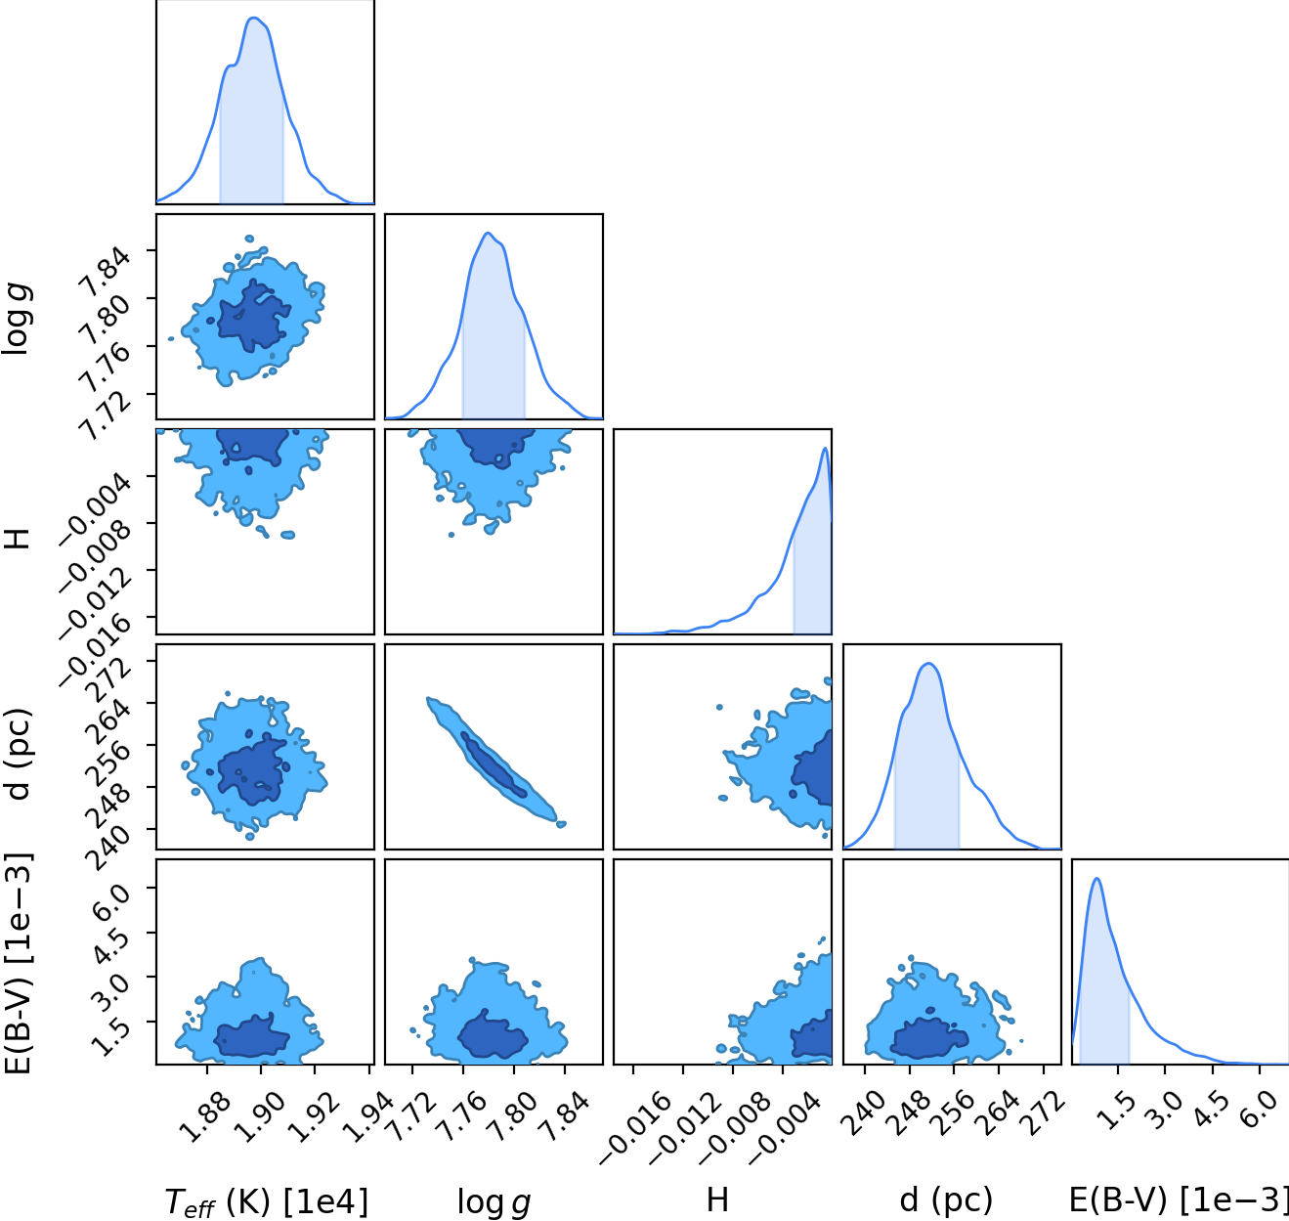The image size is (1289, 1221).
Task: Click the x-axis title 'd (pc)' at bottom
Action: pos(946,1200)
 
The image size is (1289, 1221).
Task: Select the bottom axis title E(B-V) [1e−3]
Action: pos(1179,1200)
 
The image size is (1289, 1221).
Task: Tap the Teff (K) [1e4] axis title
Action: pos(266,1201)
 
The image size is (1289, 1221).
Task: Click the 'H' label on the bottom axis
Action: pos(717,1200)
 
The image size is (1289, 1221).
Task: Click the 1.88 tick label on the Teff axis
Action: pos(205,1119)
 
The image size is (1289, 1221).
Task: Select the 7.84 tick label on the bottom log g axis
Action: pos(564,1119)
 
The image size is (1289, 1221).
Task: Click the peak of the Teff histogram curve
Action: pos(254,18)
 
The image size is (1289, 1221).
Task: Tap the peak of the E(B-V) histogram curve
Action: pos(1096,879)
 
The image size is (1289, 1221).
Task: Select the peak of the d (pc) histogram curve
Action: pos(928,664)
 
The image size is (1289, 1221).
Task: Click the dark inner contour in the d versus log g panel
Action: pos(494,764)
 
